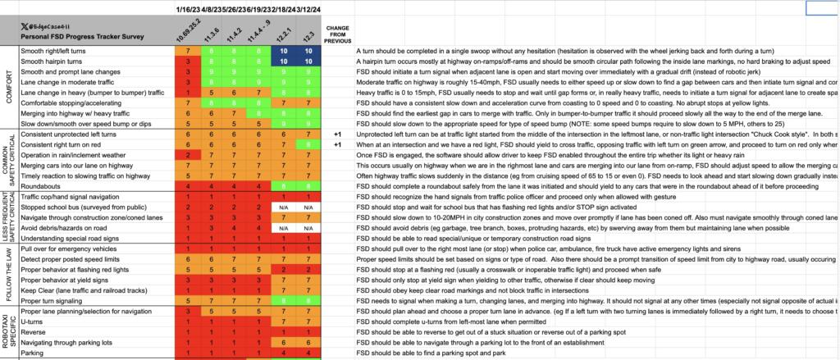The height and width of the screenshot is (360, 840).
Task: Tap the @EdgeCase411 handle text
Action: (54, 26)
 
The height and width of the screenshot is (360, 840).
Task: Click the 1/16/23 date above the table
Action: (187, 8)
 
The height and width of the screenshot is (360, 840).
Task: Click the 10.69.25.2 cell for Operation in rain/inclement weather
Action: (188, 155)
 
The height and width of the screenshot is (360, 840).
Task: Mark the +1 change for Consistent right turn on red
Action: (337, 144)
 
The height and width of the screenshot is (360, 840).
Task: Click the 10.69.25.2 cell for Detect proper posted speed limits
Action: (188, 259)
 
